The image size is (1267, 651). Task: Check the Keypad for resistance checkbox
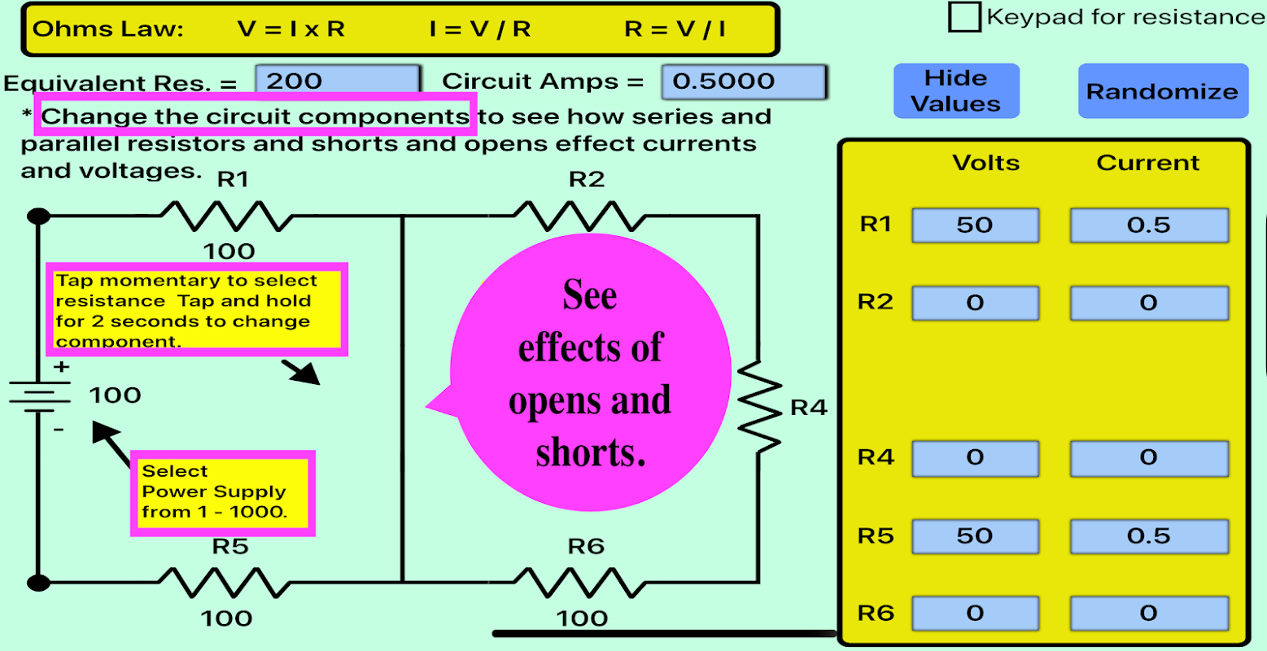(964, 17)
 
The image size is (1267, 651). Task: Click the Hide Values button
(956, 91)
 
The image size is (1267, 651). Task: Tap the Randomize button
(1162, 91)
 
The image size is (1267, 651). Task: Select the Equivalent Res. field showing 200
(338, 81)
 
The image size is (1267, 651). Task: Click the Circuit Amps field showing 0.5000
(744, 81)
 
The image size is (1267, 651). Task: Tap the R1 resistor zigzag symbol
(227, 216)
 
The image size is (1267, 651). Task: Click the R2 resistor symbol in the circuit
(579, 216)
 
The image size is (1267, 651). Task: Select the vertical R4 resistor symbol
(758, 406)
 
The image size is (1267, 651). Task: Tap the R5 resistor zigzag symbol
(225, 582)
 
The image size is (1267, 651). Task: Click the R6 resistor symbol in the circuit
(579, 582)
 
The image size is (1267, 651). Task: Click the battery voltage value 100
(116, 395)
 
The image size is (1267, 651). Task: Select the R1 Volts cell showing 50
(975, 225)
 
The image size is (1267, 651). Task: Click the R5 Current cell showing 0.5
(1148, 536)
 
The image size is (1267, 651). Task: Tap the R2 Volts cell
(975, 304)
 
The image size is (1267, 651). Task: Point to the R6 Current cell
(1148, 614)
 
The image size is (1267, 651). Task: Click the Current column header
(1147, 163)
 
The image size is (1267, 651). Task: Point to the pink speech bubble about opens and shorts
(590, 374)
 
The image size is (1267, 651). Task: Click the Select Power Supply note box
(222, 492)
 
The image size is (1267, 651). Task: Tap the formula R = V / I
(675, 30)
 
